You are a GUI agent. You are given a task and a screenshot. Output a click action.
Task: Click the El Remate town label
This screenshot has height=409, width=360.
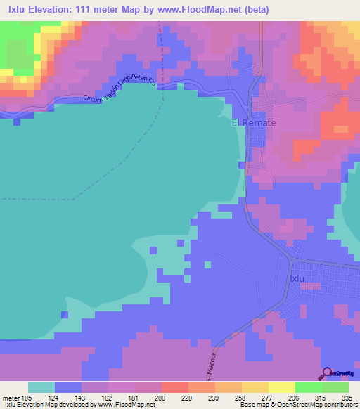(255, 122)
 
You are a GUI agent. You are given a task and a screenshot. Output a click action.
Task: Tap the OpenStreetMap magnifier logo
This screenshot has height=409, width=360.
(328, 373)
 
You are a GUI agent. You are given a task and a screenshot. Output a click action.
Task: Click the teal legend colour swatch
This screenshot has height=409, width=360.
(41, 388)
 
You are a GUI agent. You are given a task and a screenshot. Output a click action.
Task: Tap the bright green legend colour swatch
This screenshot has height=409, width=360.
(309, 388)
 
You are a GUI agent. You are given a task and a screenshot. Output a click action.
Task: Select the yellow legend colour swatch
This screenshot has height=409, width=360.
(282, 388)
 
